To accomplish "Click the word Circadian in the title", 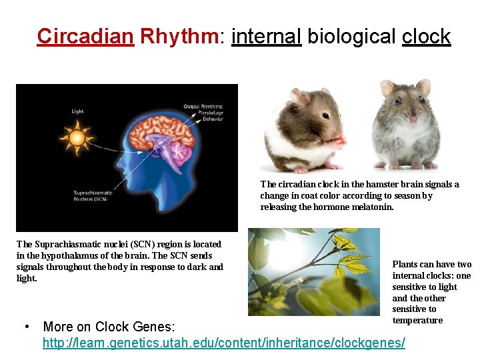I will pos(85,36).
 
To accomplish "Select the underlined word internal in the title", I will pos(267,36).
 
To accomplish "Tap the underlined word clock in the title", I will pos(427,36).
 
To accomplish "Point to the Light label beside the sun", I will pos(78,111).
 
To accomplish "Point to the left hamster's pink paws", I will pos(338,141).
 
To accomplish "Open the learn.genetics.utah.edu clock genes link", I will pos(223,343).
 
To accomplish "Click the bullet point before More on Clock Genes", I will pos(25,327).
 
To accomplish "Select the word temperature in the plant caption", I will pos(417,320).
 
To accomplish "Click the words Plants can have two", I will pos(431,265).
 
